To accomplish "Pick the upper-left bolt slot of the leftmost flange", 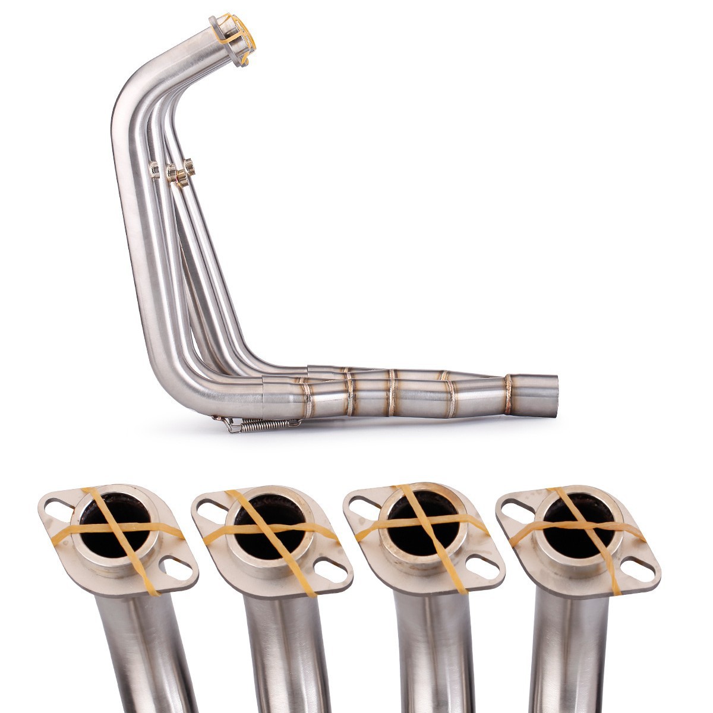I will pos(58,507).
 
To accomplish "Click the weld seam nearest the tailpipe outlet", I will pos(509,394).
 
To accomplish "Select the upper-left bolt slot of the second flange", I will pos(210,506).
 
